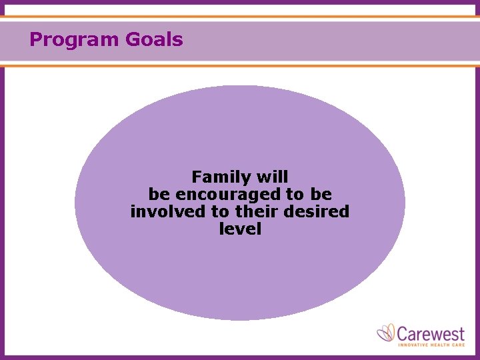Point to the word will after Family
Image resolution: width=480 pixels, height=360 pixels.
[272, 177]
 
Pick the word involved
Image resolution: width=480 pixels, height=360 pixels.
[160, 212]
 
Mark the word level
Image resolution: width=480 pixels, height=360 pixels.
[240, 229]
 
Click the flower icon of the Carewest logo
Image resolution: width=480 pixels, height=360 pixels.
[386, 333]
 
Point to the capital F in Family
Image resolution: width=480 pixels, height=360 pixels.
[197, 177]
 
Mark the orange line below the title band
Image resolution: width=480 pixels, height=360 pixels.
[240, 66]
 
